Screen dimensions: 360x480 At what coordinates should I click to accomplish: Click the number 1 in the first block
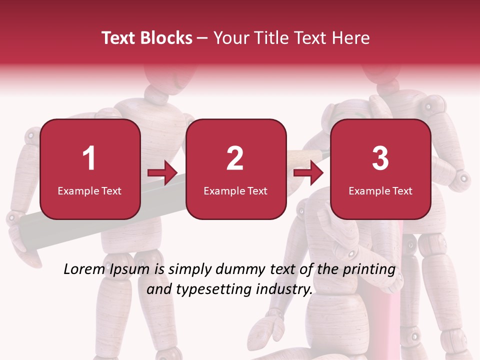coord(89,158)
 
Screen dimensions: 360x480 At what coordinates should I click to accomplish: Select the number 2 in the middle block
coord(235,158)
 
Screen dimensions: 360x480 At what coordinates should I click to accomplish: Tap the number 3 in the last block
coord(380,158)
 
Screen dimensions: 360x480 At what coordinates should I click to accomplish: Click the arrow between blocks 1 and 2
coord(163,173)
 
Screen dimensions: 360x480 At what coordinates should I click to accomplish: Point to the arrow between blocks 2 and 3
coord(308,173)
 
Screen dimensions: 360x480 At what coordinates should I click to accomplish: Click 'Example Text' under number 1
coord(89,190)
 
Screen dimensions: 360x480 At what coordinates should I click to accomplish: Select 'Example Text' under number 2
coord(235,190)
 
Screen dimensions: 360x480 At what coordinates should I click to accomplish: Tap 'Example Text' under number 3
coord(380,190)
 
